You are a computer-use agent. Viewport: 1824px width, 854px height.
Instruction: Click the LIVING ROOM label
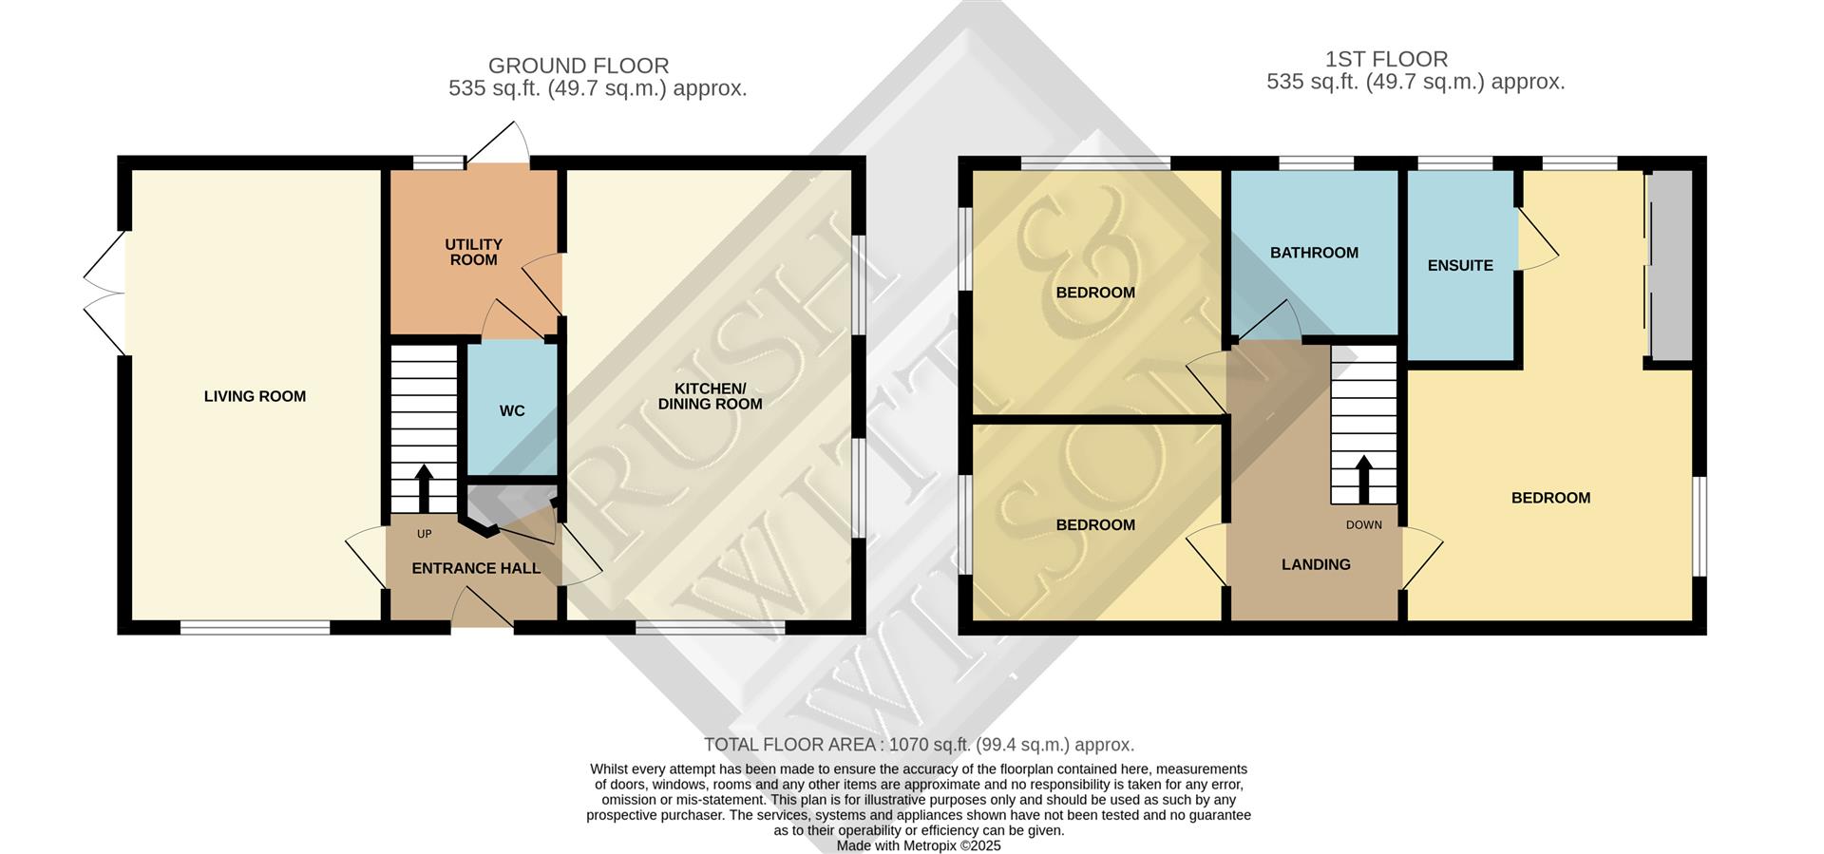click(x=255, y=397)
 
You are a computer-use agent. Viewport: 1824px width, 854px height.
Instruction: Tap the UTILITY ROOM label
click(x=473, y=253)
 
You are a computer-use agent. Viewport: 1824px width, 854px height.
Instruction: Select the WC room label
click(x=512, y=411)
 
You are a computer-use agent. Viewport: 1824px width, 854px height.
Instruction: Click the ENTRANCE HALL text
click(x=475, y=569)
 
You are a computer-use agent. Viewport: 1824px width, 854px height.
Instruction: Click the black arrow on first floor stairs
click(x=1363, y=479)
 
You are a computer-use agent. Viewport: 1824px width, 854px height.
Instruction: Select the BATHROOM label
click(x=1314, y=253)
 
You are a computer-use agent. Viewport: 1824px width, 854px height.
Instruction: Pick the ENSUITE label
click(x=1460, y=266)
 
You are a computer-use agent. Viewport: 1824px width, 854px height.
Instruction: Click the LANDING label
click(x=1316, y=565)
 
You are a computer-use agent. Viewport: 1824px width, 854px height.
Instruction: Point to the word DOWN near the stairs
click(x=1363, y=525)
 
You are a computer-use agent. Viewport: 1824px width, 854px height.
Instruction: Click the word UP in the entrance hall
click(x=424, y=535)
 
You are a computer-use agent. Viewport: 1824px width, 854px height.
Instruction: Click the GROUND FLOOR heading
click(x=579, y=66)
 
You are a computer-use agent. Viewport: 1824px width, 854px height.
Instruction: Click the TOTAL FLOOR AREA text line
click(x=919, y=745)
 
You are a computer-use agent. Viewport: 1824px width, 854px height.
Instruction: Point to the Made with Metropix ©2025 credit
click(x=919, y=845)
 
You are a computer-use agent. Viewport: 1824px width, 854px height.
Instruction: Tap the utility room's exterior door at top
click(x=496, y=144)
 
